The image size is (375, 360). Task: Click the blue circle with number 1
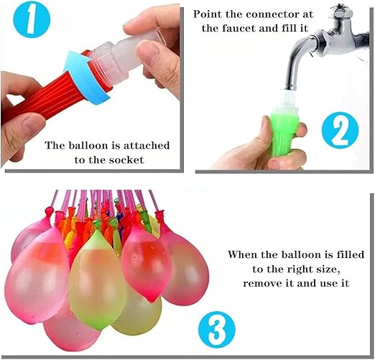[32, 19]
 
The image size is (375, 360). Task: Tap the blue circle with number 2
[340, 130]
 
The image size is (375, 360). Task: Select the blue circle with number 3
[217, 330]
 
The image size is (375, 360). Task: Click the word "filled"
[350, 254]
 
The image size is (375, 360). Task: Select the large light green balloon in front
[98, 278]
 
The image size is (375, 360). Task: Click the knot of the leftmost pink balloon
[50, 211]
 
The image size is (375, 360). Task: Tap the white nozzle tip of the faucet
[289, 98]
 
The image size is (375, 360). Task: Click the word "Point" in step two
[208, 14]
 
